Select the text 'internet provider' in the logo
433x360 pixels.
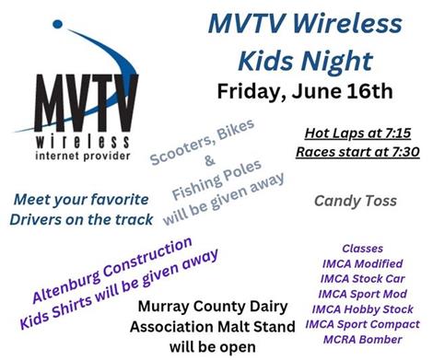coord(88,160)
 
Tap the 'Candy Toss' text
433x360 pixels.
coord(355,199)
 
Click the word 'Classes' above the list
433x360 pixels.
coord(362,249)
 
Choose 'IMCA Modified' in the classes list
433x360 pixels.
coord(362,264)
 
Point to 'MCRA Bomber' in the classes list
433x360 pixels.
coord(362,343)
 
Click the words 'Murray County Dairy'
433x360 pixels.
coord(217,309)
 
